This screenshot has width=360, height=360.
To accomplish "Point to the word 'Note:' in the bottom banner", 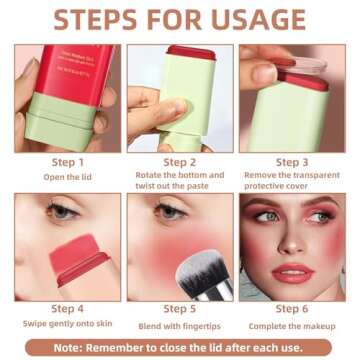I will point(78,347).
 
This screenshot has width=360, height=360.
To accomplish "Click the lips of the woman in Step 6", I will point(292,273).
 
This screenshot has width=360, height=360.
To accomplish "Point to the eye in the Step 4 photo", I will point(62,211).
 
